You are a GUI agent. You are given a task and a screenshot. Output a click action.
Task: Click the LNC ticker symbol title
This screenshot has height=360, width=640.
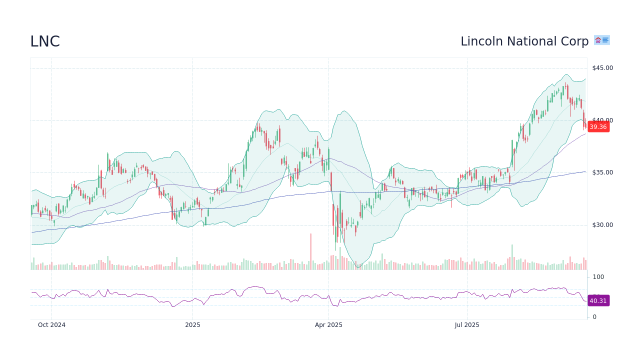(x=45, y=42)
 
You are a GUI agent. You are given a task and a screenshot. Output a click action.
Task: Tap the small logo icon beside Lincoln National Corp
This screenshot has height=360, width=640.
(x=601, y=40)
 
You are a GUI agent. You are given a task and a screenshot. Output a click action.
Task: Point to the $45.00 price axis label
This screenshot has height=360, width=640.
(x=602, y=68)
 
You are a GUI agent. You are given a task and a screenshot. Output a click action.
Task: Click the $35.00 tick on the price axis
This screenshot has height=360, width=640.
(x=602, y=172)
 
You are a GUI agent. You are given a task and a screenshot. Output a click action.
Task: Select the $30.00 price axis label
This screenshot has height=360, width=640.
(x=602, y=225)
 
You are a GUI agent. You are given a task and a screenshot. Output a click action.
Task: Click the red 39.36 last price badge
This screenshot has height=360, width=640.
(x=598, y=127)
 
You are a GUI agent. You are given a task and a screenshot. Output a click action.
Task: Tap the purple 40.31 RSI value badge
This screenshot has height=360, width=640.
(x=598, y=300)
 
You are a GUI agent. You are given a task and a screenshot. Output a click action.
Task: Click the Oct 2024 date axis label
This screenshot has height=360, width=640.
(x=51, y=325)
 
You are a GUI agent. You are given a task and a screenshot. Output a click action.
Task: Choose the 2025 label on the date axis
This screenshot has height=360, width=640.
(x=192, y=325)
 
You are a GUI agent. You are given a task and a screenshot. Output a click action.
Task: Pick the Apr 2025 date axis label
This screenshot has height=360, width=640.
(x=328, y=325)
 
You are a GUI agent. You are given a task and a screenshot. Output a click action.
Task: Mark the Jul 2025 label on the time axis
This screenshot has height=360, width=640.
(x=467, y=325)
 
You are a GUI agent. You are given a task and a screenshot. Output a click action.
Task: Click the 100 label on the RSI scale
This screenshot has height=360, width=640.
(x=598, y=277)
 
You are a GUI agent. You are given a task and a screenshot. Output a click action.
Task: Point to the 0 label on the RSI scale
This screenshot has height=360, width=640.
(x=594, y=317)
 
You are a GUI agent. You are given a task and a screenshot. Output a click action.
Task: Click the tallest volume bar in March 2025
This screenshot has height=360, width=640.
(x=310, y=251)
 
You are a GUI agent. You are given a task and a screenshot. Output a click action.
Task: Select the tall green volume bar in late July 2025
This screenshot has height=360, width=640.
(x=512, y=257)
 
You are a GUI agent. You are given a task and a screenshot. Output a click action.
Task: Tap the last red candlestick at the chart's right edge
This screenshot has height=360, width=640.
(x=585, y=125)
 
